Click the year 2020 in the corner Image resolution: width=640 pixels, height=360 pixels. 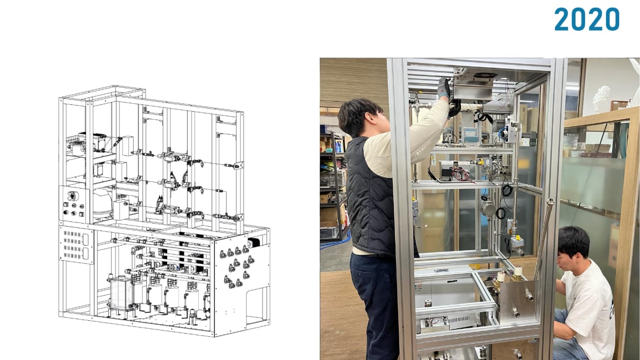click(586, 19)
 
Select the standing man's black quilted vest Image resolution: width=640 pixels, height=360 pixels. click(370, 197)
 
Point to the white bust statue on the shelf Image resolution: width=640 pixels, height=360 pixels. click(602, 98)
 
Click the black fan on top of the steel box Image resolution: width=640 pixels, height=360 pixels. click(485, 76)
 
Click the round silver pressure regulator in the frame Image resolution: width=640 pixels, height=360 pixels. click(487, 208)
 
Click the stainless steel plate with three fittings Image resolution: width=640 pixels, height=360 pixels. click(517, 301)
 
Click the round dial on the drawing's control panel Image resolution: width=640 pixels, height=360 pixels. click(72, 196)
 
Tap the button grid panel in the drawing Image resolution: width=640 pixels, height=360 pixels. click(76, 245)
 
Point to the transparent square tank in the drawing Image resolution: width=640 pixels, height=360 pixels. click(120, 294)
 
